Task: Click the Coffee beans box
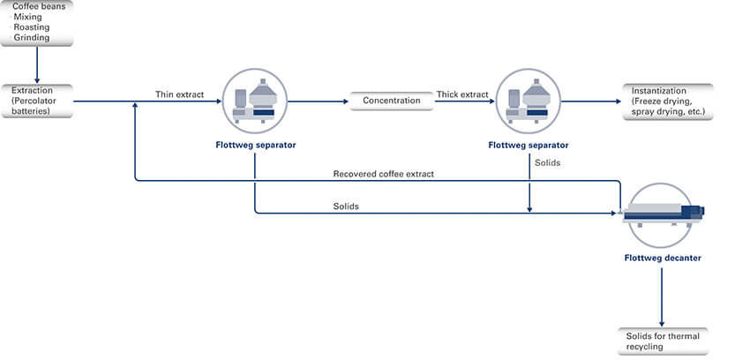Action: pos(36,23)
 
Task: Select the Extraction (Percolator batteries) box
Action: pos(36,101)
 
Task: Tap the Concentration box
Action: pos(391,101)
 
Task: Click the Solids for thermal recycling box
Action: pos(662,341)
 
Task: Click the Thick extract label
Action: pos(461,94)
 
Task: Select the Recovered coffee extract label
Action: pos(383,174)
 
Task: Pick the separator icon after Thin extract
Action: pos(255,101)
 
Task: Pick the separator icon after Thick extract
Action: pos(529,101)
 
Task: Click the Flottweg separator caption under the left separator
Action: pos(255,145)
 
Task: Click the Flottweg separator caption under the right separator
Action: pos(529,145)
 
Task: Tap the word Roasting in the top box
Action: pos(32,27)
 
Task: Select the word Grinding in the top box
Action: pos(32,38)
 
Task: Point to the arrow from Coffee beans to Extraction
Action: pos(36,64)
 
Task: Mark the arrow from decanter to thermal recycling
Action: pos(662,296)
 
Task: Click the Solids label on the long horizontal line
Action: pos(346,206)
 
